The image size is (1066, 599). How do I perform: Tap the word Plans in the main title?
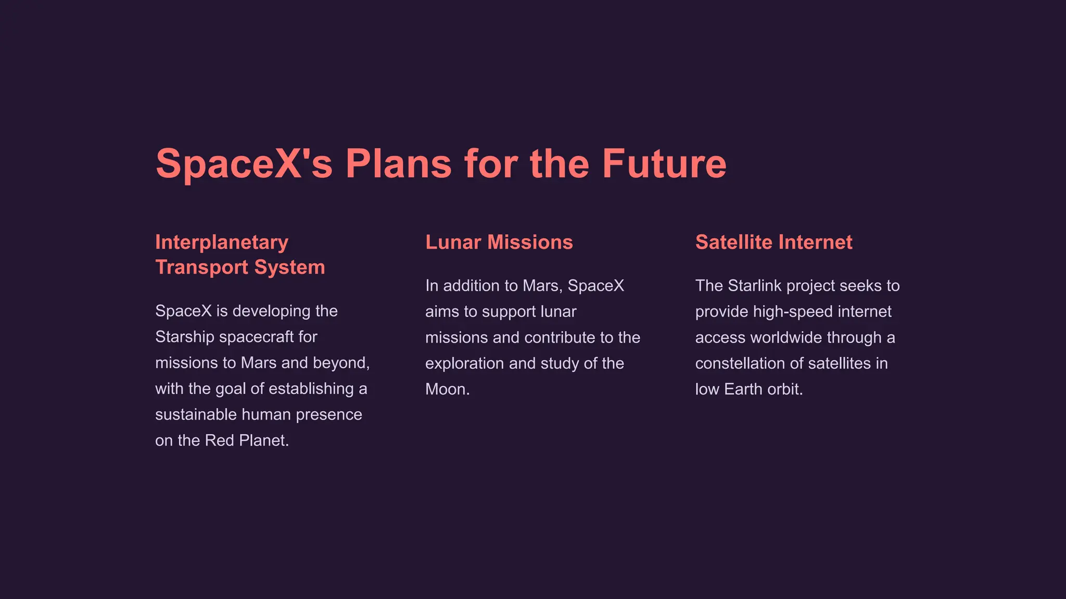(x=398, y=164)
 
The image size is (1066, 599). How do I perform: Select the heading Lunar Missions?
(x=499, y=242)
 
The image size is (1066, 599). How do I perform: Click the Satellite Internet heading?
(x=773, y=242)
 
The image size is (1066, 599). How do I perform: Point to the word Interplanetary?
(x=222, y=243)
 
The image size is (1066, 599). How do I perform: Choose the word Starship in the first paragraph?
(x=185, y=337)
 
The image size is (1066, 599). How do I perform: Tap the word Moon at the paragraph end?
(x=445, y=389)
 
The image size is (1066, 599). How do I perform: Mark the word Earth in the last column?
(x=743, y=389)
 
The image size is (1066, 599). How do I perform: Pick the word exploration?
(x=464, y=363)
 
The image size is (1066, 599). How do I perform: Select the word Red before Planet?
(x=219, y=440)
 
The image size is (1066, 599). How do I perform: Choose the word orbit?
(x=785, y=389)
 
